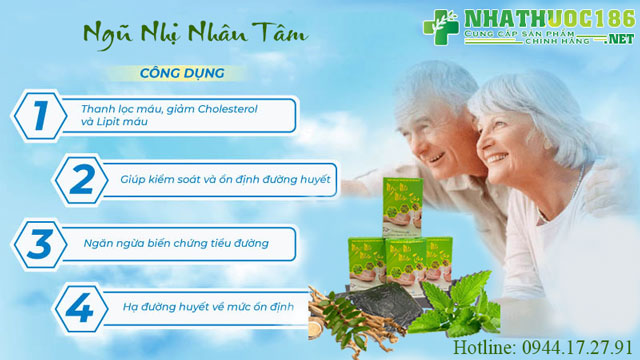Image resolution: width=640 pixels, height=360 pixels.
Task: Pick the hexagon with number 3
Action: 39,241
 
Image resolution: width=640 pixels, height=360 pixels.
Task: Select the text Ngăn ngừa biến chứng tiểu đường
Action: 176,242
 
